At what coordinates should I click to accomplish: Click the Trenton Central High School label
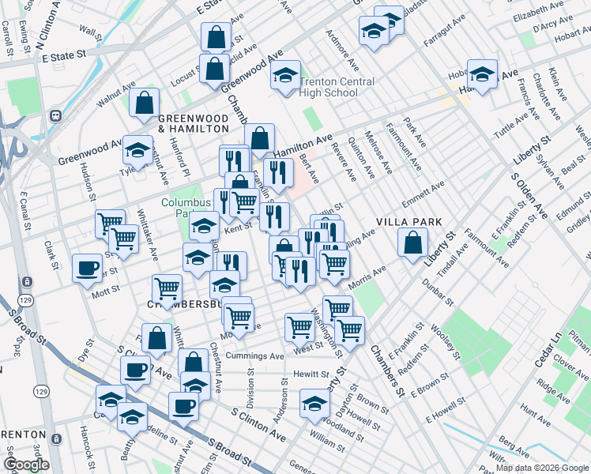tap(329, 87)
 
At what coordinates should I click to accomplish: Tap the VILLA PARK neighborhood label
tap(408, 222)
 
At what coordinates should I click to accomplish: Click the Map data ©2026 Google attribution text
tap(541, 468)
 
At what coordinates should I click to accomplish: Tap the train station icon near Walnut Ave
tap(56, 115)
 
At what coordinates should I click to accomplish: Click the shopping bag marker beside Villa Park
tap(412, 243)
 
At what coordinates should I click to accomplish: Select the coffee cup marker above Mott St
tap(87, 268)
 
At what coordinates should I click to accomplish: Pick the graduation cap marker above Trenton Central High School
tap(286, 77)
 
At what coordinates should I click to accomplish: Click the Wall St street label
tap(93, 35)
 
